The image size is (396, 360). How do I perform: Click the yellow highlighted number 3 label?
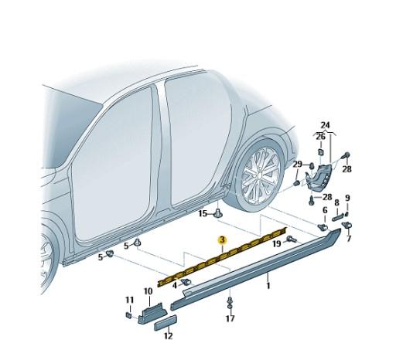coord(222,240)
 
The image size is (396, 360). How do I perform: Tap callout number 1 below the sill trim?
coord(268,286)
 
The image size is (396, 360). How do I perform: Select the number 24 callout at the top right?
coord(325,125)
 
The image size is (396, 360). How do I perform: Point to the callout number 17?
coord(230,318)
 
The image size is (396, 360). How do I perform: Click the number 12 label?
coord(168,336)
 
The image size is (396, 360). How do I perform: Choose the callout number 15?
coord(203,212)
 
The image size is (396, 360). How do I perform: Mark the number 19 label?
coord(275,243)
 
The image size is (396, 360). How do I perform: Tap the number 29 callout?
coord(298,165)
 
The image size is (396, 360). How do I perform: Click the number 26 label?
coord(320,137)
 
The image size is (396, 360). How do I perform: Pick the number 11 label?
coord(129,299)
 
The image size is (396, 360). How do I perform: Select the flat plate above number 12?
coord(165,324)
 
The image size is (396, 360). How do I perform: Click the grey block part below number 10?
coord(149,315)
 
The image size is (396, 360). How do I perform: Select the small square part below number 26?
coord(320,152)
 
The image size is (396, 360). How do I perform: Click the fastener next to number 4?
coord(186,283)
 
